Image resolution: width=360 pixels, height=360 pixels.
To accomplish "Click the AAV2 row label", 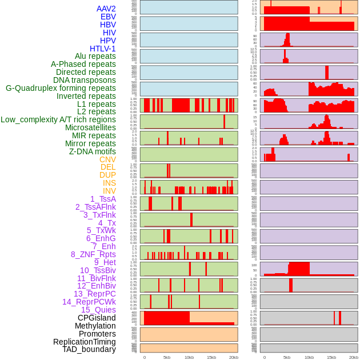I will (106, 9).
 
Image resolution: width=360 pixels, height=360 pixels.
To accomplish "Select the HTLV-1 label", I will (103, 49).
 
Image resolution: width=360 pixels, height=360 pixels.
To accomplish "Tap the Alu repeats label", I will (95, 56).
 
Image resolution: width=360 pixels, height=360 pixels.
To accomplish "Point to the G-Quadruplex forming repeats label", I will (61, 88).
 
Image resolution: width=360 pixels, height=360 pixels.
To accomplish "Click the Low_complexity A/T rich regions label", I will (58, 119).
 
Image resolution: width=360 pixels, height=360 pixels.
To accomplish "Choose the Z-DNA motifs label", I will (93, 151).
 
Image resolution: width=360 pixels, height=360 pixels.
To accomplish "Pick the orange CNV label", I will (107, 159).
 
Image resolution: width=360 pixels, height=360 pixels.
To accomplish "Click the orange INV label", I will (109, 191).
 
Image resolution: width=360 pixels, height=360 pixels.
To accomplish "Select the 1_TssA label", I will (103, 199).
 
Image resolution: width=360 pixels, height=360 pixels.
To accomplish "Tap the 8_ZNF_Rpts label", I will (93, 254).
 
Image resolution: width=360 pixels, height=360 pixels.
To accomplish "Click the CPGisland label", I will (97, 318).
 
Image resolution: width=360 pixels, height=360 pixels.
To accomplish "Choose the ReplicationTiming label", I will (85, 342).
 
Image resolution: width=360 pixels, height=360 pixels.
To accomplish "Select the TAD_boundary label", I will (89, 349).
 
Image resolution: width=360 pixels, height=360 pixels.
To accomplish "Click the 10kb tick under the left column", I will (189, 357).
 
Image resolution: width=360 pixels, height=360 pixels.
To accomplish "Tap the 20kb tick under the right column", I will (354, 357).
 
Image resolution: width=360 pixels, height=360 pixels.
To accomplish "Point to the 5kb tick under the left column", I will (167, 357).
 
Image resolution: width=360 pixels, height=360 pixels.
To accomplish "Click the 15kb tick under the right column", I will (331, 357).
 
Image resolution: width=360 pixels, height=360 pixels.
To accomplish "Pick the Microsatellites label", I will (90, 127).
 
